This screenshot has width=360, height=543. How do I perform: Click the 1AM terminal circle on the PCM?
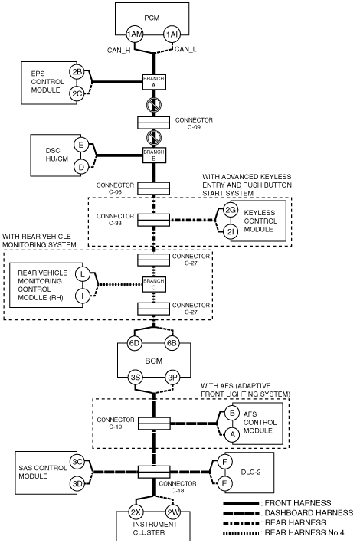click(x=135, y=34)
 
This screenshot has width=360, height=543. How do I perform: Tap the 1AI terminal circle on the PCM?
click(x=172, y=34)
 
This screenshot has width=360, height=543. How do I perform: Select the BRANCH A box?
click(x=154, y=82)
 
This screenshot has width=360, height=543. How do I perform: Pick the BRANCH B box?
click(x=154, y=155)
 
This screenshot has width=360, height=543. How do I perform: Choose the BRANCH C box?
click(x=154, y=284)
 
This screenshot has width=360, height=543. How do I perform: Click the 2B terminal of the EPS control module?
click(x=77, y=72)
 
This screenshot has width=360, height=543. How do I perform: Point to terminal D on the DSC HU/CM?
click(x=81, y=167)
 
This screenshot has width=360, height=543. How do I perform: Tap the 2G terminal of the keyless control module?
click(x=230, y=210)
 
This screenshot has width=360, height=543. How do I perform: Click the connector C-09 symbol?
click(x=154, y=123)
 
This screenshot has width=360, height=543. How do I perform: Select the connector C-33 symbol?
click(x=154, y=221)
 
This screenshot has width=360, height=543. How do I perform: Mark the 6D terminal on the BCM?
click(x=134, y=343)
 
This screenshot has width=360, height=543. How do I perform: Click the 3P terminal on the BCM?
click(x=172, y=377)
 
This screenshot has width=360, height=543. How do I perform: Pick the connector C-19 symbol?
click(x=154, y=424)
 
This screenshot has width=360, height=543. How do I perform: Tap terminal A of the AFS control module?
click(x=232, y=434)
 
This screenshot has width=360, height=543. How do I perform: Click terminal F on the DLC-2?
click(x=224, y=462)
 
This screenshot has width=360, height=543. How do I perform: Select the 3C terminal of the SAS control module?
click(x=77, y=462)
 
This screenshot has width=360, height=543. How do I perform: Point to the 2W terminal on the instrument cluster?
click(x=172, y=512)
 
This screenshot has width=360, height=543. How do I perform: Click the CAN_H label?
click(x=119, y=51)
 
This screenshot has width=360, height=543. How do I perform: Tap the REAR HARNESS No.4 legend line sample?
click(x=241, y=532)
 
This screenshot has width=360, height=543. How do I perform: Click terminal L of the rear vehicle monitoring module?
click(x=82, y=274)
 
